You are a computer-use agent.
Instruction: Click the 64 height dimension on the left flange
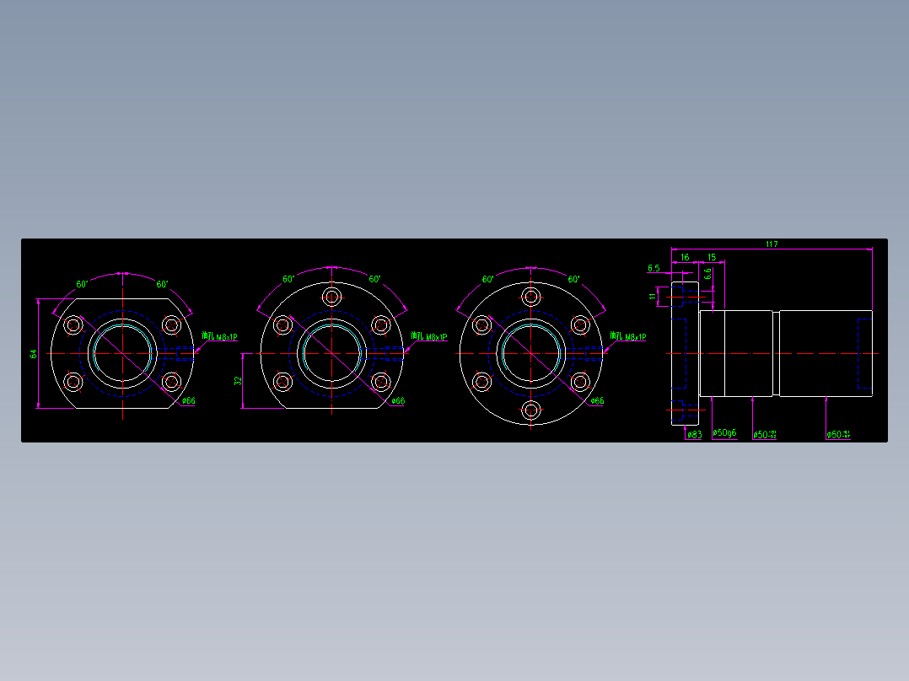point(34,354)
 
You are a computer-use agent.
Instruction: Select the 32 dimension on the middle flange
point(238,381)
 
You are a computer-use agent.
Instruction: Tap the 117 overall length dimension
point(771,244)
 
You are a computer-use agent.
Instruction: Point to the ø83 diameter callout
point(694,435)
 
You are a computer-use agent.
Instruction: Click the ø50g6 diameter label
point(724,433)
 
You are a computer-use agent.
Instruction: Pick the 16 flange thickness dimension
point(684,257)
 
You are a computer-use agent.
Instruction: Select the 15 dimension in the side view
point(711,257)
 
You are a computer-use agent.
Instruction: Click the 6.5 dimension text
point(654,268)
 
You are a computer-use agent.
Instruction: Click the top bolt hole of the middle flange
point(331,297)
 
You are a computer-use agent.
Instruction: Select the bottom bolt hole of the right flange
point(530,410)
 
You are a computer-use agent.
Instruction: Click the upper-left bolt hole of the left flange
point(73,324)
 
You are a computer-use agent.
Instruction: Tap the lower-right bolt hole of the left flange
point(172,382)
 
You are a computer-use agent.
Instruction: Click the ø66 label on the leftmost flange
point(188,401)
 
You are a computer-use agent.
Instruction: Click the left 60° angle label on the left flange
point(82,284)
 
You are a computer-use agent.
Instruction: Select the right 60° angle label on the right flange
point(573,279)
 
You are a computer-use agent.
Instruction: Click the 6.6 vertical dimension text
point(708,274)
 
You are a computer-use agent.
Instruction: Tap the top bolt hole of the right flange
point(530,297)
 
